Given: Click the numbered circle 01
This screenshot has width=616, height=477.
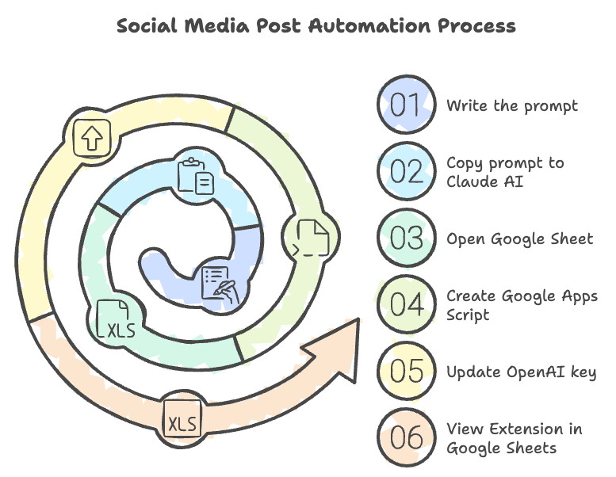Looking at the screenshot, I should click(x=407, y=105).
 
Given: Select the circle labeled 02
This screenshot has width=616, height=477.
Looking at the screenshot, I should click(x=407, y=172).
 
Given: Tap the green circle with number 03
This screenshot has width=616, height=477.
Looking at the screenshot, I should click(x=407, y=238).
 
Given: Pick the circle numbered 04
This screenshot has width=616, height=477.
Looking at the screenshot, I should click(x=407, y=305).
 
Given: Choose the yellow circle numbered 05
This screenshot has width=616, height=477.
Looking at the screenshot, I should click(x=407, y=372).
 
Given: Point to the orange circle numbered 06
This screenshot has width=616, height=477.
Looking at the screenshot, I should click(x=407, y=438).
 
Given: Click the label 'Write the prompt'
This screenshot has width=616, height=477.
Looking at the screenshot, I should click(x=511, y=105).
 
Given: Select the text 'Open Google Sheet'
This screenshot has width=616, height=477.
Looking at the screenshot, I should click(x=519, y=238).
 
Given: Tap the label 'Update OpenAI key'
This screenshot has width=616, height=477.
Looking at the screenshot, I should click(x=521, y=372).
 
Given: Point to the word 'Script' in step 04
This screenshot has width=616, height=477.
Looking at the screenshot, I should click(x=468, y=315).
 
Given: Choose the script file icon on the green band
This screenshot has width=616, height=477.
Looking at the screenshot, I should click(x=311, y=235).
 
